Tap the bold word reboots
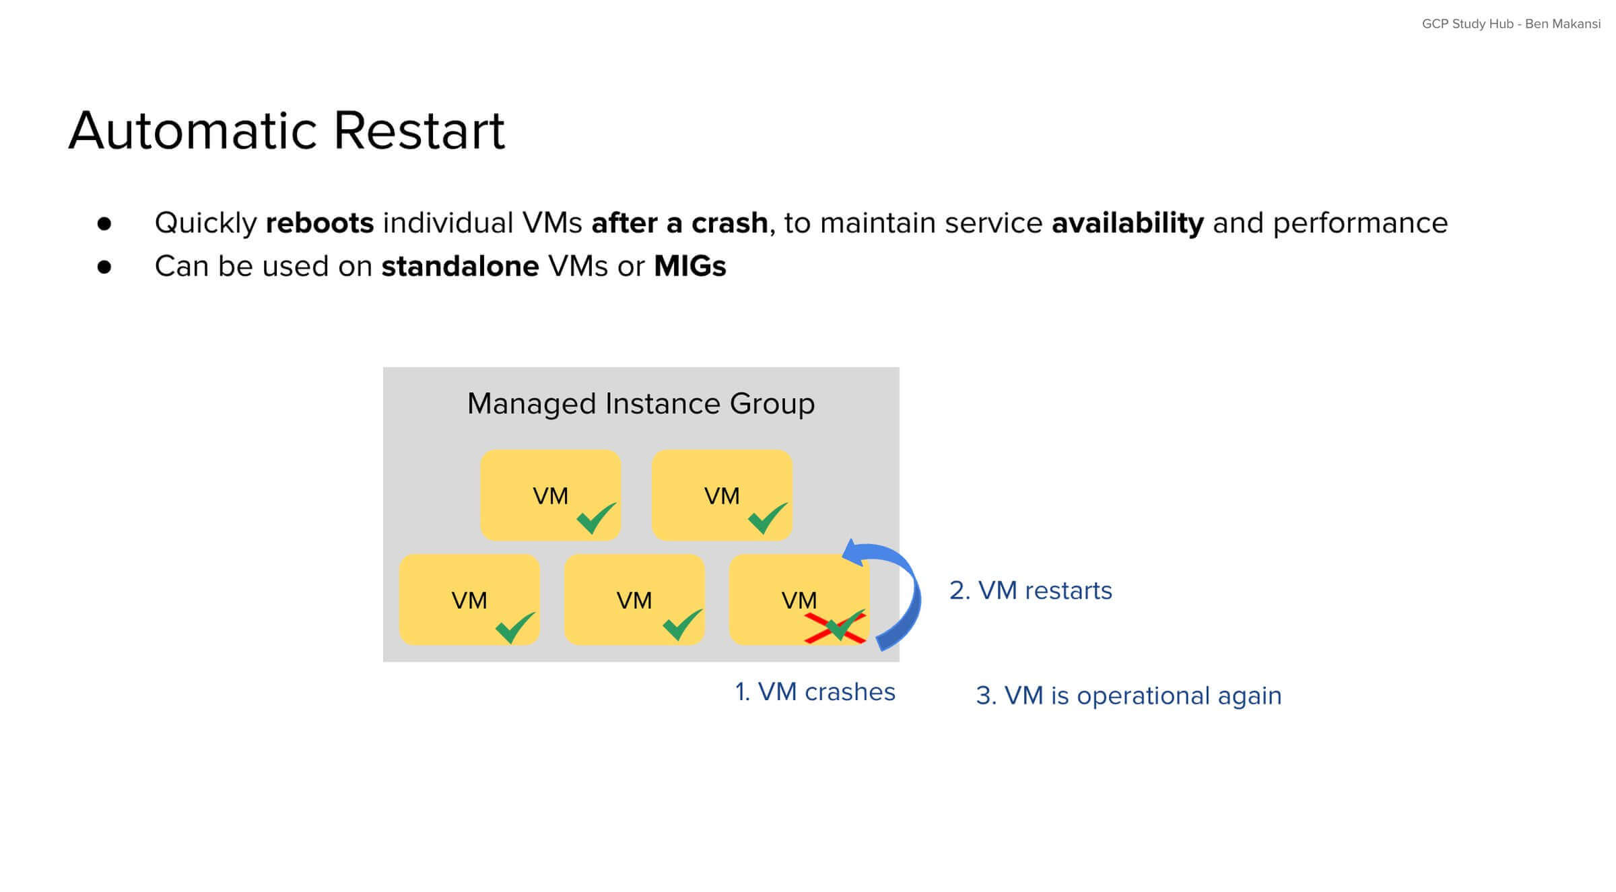pos(319,223)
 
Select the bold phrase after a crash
pos(679,223)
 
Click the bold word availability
pos(1127,223)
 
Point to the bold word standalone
pos(460,267)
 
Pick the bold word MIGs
pos(689,267)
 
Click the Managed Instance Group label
pos(640,404)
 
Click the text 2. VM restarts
pos(1030,590)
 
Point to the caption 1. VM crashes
pos(815,692)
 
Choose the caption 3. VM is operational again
pos(1129,695)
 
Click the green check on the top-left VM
pos(595,519)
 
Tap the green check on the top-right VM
pos(766,519)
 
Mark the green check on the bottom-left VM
pos(514,628)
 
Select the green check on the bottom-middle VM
pos(681,625)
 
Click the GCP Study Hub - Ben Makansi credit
pos(1510,24)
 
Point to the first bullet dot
pos(104,224)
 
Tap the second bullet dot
pos(104,267)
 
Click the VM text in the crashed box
pos(799,600)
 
